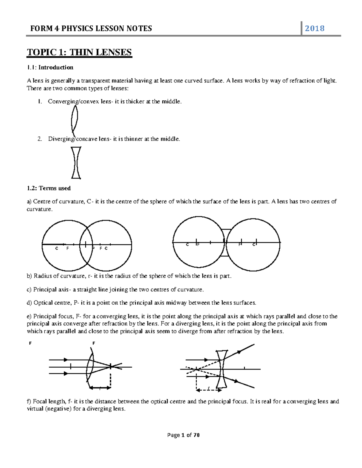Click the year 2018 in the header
click(x=314, y=29)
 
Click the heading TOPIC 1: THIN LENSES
click(x=79, y=52)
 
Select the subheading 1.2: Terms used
click(x=49, y=188)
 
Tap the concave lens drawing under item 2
click(x=76, y=163)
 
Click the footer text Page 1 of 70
click(x=183, y=435)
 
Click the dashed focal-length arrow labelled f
click(x=209, y=390)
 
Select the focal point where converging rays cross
click(x=111, y=366)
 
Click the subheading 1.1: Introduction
click(x=50, y=68)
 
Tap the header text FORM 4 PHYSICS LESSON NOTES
click(x=91, y=29)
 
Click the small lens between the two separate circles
click(x=225, y=243)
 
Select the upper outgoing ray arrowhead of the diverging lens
click(x=240, y=351)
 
